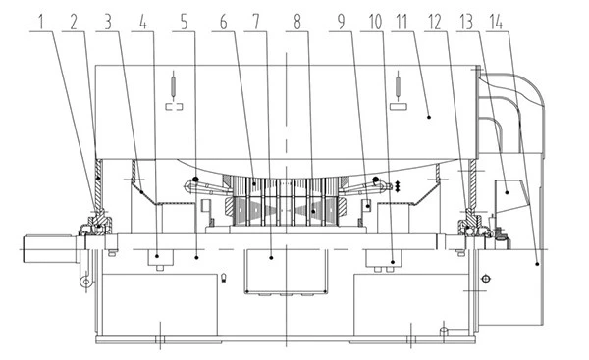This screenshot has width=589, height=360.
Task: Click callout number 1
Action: pyautogui.click(x=41, y=23)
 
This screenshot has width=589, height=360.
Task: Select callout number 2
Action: pyautogui.click(x=74, y=23)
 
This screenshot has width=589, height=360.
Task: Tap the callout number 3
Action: pyautogui.click(x=109, y=23)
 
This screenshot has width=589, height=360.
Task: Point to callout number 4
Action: pyautogui.click(x=143, y=23)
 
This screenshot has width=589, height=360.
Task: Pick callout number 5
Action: pyautogui.click(x=185, y=23)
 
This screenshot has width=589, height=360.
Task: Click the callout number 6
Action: pyautogui.click(x=224, y=23)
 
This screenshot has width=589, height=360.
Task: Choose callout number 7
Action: pyautogui.click(x=256, y=23)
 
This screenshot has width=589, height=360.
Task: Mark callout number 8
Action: pyautogui.click(x=297, y=23)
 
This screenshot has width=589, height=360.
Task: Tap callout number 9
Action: pyautogui.click(x=341, y=23)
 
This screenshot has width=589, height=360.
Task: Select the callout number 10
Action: pyautogui.click(x=375, y=23)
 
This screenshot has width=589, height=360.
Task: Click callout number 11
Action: pyautogui.click(x=402, y=23)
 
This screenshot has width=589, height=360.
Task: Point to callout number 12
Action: pyautogui.click(x=435, y=23)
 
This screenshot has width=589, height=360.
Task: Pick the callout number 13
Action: pyautogui.click(x=466, y=23)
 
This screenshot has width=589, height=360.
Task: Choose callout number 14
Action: pyautogui.click(x=496, y=23)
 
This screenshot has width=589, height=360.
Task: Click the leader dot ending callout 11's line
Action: pyautogui.click(x=429, y=117)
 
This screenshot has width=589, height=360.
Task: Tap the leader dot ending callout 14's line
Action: pyautogui.click(x=538, y=264)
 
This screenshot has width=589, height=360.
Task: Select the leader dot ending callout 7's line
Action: pyautogui.click(x=271, y=258)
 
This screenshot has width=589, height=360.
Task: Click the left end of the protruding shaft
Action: pyautogui.click(x=25, y=248)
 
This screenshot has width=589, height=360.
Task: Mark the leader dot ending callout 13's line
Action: pyautogui.click(x=507, y=192)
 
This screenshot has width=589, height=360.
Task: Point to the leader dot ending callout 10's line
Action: pyautogui.click(x=393, y=262)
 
